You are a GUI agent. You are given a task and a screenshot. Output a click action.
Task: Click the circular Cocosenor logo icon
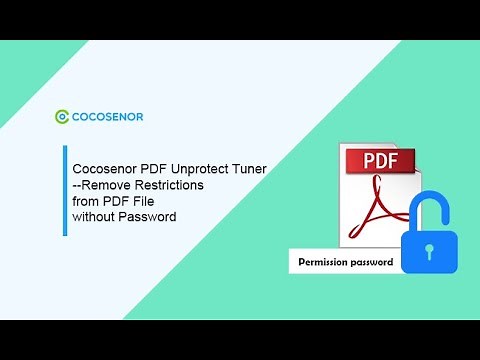(x=62, y=117)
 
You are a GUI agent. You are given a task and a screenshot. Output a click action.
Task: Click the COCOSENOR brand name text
(x=107, y=117)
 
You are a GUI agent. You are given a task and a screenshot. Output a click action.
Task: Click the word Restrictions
(x=171, y=186)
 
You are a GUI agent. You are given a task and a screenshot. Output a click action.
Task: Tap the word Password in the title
(x=149, y=216)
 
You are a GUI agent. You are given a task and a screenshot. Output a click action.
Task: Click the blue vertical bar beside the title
(x=66, y=191)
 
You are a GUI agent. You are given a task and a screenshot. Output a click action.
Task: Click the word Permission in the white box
(x=324, y=264)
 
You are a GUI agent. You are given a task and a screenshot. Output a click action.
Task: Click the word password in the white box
(x=372, y=264)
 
